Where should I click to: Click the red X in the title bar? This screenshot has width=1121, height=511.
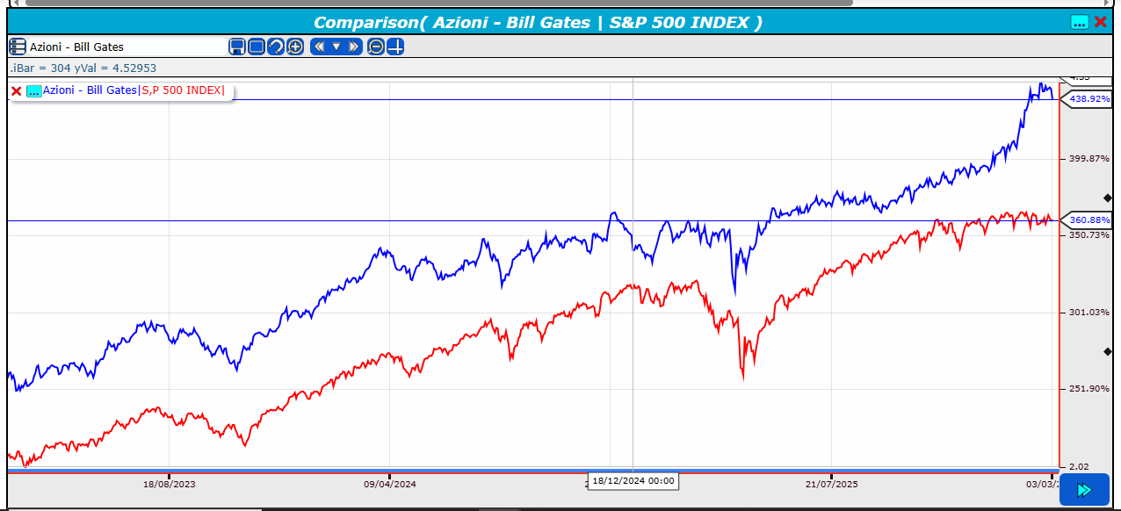tap(1101, 22)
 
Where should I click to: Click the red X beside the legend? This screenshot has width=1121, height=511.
tap(16, 90)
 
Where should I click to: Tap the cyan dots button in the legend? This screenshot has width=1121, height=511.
tap(34, 90)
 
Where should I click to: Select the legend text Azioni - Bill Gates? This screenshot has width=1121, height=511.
tap(90, 90)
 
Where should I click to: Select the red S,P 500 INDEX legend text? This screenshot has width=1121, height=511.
tap(182, 90)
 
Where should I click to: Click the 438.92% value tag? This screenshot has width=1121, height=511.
tap(1089, 99)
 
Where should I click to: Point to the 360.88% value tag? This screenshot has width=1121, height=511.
tap(1089, 220)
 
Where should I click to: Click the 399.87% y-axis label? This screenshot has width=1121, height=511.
tap(1089, 159)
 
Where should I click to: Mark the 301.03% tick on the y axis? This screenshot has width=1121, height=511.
tap(1089, 313)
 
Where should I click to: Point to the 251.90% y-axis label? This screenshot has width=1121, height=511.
tap(1089, 389)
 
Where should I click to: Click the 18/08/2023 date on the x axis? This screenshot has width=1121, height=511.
tap(170, 483)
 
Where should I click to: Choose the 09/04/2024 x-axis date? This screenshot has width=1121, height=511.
tap(390, 483)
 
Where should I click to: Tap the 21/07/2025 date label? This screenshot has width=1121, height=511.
tap(831, 483)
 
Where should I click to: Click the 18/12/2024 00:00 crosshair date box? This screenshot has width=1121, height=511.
tap(633, 480)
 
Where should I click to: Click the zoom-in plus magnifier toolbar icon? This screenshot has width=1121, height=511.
tap(295, 47)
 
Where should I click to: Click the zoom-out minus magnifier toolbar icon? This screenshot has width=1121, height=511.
tap(376, 47)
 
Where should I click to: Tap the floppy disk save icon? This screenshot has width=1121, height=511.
tap(237, 47)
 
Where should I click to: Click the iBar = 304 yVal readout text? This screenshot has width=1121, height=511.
tap(84, 68)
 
